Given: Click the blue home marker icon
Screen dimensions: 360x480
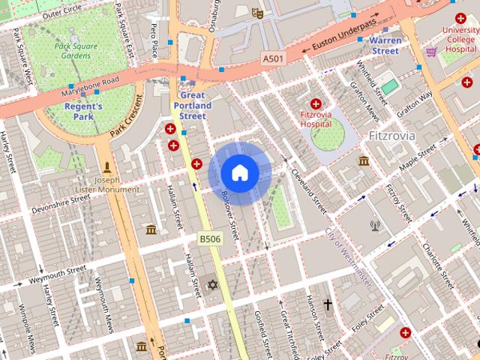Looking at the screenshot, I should coord(239,173).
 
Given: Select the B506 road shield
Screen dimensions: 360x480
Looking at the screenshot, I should coord(209,238).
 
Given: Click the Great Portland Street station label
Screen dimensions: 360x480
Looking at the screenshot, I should coord(193,106).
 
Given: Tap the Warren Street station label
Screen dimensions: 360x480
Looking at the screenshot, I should coord(385,45).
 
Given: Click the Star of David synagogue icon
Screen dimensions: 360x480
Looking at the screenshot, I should coord(212,285).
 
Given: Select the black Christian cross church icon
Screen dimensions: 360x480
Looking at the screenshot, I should coord(328,304).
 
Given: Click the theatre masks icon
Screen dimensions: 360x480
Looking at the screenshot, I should coord(257,13).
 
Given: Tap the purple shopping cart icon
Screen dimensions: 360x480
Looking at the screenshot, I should coord(431,52).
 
